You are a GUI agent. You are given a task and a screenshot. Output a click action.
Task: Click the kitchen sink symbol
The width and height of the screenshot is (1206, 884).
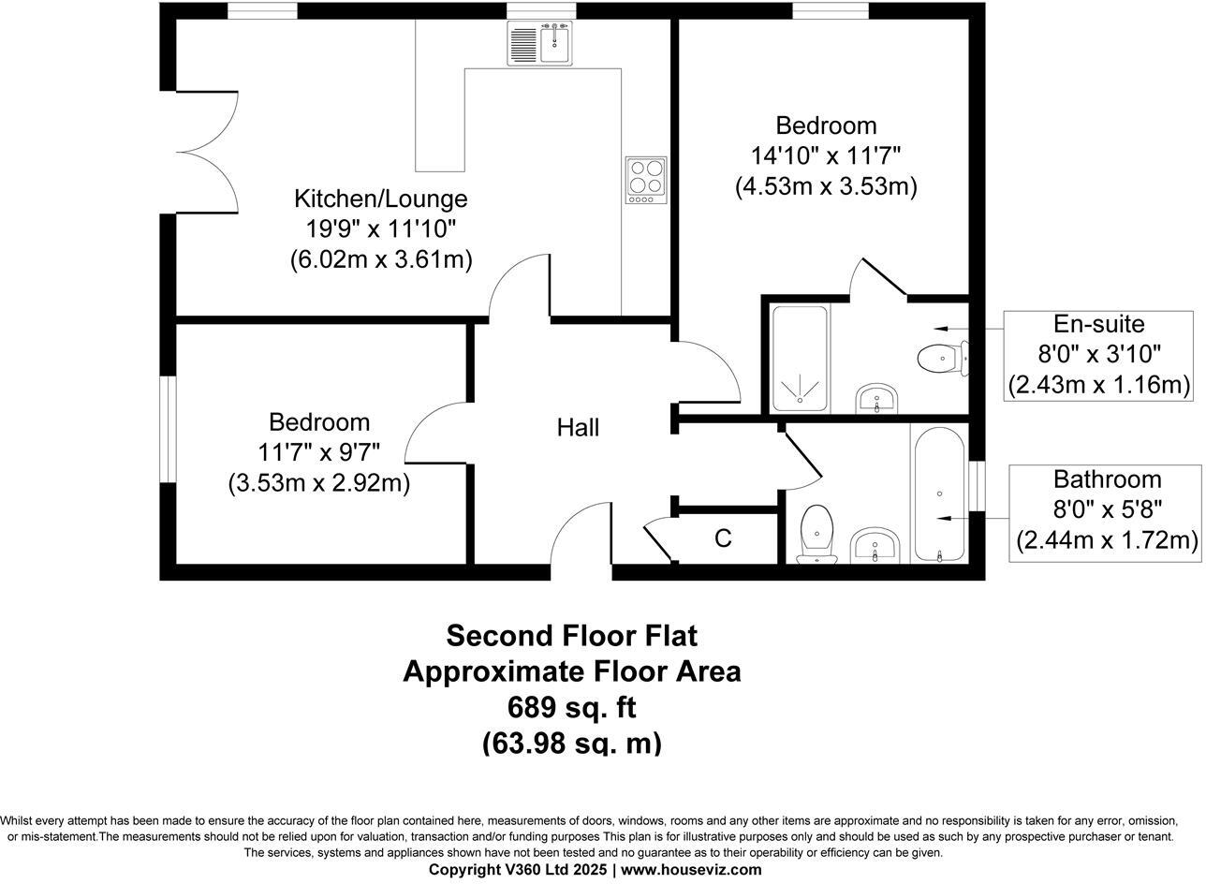point(540,43)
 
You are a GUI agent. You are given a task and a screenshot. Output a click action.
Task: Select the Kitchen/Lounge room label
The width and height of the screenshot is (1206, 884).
point(380,199)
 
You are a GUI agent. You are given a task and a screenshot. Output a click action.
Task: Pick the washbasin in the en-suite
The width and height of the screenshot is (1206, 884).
point(876,399)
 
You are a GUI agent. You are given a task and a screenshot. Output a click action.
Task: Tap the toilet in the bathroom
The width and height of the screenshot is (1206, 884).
point(817,535)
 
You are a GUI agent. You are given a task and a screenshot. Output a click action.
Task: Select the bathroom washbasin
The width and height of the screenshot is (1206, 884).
point(875,546)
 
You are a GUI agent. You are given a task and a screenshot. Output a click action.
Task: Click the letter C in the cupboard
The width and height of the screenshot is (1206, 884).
point(723,538)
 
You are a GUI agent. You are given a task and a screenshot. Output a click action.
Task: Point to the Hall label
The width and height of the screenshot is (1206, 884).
point(578,428)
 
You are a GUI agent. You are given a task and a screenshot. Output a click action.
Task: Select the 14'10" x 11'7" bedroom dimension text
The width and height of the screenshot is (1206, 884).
point(826,155)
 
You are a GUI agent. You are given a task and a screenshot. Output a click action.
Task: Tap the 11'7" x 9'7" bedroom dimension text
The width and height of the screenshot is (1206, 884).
point(318,452)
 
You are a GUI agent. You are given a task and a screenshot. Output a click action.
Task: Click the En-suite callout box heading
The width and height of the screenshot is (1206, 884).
point(1098,324)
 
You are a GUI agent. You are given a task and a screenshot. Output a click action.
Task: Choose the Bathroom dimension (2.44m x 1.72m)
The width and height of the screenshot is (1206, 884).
point(1106,540)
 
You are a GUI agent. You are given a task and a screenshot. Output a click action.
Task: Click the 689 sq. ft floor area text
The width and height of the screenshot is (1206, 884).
point(571,706)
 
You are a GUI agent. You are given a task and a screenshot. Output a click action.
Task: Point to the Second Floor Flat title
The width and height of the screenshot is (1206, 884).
point(571,635)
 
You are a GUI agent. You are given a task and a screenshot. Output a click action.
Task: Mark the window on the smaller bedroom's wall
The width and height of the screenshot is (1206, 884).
point(168,428)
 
